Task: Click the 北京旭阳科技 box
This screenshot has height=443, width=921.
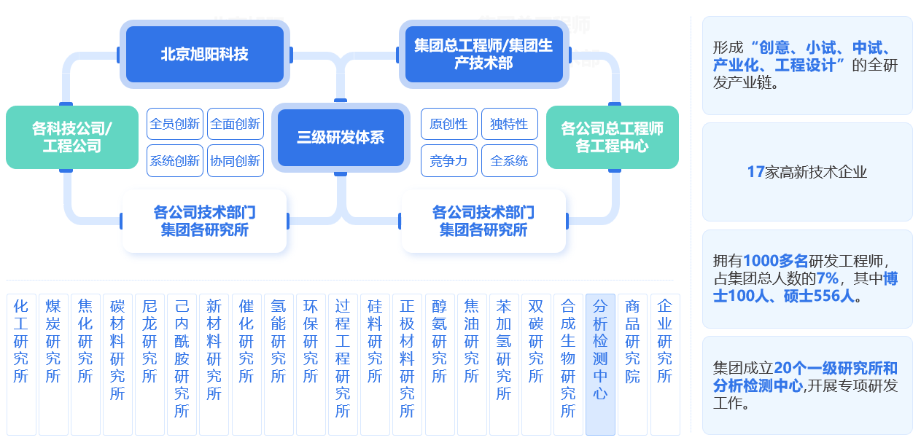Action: (x=204, y=55)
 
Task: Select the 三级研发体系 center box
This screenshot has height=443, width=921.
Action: (x=341, y=138)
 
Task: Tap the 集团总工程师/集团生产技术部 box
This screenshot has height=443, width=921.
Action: (x=483, y=55)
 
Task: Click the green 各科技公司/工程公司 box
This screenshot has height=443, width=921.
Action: (x=72, y=138)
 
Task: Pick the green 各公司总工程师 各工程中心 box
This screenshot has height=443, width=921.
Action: (x=612, y=138)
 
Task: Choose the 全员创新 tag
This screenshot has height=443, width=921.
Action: (x=175, y=124)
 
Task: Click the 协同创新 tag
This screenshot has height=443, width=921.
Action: (x=235, y=161)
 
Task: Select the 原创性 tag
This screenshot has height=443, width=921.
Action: (x=448, y=124)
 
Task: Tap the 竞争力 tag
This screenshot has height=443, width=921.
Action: (x=448, y=161)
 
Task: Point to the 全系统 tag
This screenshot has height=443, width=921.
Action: (x=509, y=161)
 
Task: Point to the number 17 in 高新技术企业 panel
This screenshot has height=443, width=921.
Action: (x=755, y=172)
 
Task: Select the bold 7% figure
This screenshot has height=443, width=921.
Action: (x=828, y=278)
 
